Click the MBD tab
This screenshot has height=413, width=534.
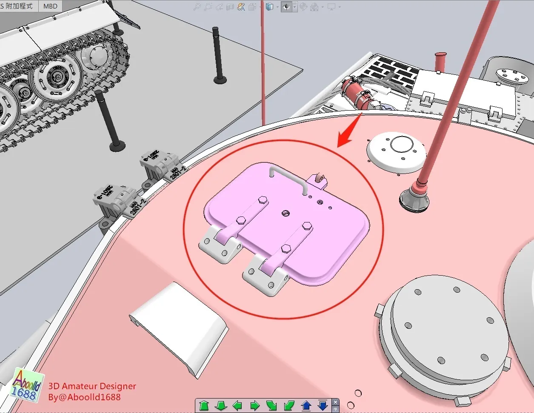pos(50,6)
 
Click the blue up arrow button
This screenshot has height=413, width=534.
pos(306,405)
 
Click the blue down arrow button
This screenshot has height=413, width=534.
pos(323,405)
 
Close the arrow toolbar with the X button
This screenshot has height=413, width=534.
pos(335,402)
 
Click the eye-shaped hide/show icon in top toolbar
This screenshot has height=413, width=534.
pos(286,7)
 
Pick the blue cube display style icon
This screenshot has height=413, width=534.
pos(269,7)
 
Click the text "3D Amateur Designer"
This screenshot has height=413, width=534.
pos(92,386)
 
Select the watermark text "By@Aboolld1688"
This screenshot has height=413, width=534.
pos(84,397)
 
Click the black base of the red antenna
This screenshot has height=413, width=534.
pos(414,198)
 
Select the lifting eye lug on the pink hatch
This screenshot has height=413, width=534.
pos(319,179)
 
